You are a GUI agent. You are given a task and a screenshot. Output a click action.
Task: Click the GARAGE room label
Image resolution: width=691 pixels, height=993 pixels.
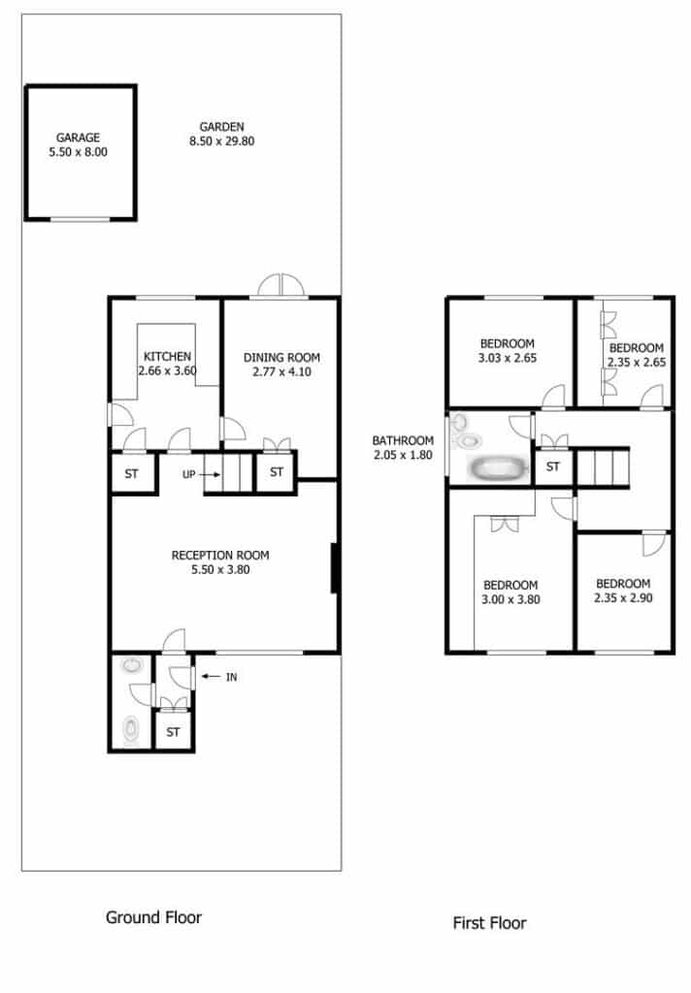tap(78, 138)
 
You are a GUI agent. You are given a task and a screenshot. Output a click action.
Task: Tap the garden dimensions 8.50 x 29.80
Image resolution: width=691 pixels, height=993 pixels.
tap(222, 142)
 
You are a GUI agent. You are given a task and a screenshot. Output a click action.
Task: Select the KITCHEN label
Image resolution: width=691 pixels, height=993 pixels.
tap(167, 357)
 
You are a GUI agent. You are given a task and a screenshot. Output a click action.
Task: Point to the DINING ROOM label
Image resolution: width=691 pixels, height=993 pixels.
tap(281, 358)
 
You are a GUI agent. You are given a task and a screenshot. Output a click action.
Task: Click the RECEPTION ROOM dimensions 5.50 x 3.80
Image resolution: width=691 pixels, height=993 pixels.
tap(220, 570)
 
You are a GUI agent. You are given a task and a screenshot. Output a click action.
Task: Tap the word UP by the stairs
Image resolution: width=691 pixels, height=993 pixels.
tap(189, 474)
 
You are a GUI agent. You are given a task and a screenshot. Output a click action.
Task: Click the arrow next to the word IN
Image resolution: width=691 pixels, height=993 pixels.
tap(212, 676)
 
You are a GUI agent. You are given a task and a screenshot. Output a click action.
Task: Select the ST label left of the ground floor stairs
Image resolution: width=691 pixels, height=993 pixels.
tap(131, 473)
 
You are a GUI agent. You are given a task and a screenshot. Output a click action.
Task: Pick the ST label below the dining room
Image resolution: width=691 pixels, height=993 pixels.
tap(277, 472)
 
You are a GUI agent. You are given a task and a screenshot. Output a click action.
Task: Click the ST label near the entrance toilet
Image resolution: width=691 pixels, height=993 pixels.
tap(173, 732)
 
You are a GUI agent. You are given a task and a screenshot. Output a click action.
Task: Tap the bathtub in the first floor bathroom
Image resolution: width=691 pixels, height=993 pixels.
tap(498, 469)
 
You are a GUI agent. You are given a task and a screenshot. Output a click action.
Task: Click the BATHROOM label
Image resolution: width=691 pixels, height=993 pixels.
tap(403, 440)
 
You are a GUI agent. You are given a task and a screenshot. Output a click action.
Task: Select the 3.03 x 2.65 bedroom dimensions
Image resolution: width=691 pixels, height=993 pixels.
tap(508, 358)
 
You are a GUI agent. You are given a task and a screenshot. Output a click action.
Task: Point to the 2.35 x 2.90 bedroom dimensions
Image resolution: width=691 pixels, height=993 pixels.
tap(623, 597)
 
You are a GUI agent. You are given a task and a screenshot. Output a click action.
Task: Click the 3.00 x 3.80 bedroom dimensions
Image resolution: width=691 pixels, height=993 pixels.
tap(510, 599)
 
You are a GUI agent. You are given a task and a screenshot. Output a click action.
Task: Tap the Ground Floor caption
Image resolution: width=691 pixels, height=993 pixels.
tap(153, 917)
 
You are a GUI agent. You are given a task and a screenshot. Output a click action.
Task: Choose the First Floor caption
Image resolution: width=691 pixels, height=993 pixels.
tap(489, 923)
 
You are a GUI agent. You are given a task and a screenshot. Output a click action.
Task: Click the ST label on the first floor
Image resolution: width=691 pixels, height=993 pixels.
tap(553, 466)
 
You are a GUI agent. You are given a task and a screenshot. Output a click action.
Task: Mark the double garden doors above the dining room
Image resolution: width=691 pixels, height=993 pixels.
tap(280, 285)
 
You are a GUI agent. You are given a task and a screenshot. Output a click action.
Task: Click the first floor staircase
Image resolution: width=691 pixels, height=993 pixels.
tap(602, 467)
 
